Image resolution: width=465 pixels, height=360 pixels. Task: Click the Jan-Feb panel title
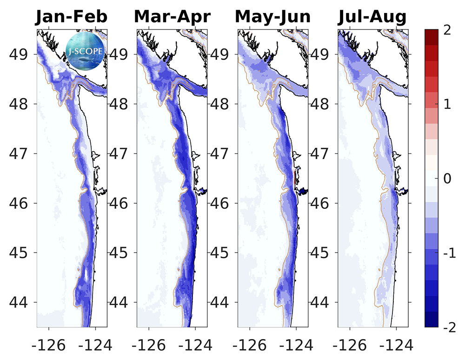(x=72, y=17)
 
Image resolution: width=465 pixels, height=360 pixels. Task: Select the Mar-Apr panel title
(x=172, y=17)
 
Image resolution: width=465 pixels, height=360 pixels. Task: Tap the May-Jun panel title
(x=272, y=17)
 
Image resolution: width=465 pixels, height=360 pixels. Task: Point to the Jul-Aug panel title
(x=372, y=17)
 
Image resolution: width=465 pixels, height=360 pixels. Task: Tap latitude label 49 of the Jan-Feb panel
(x=19, y=54)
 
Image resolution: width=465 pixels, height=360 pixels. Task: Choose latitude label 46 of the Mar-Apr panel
(x=120, y=203)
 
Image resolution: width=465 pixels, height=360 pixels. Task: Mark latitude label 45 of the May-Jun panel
(x=220, y=253)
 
